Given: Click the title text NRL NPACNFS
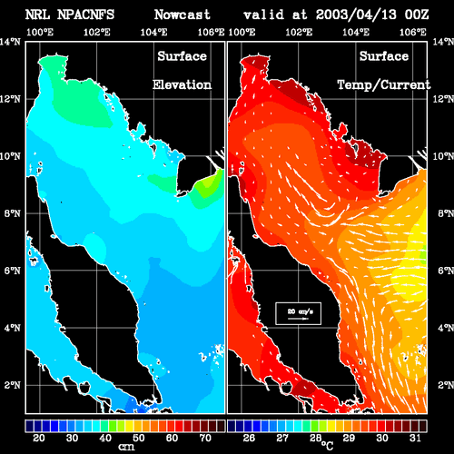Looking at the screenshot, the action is (70, 15).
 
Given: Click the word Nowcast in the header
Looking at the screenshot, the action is (183, 15).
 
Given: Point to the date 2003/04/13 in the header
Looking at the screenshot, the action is (356, 15).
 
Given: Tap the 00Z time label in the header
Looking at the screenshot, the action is (417, 15).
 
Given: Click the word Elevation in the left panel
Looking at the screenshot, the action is (182, 84).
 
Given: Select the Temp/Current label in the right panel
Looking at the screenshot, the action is (384, 85).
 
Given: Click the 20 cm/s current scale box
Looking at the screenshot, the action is (298, 313).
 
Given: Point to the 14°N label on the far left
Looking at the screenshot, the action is (10, 42).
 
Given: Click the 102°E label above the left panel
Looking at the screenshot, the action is (97, 32).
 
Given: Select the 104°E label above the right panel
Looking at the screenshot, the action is (356, 32).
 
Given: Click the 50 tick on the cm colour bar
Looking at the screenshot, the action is (139, 438).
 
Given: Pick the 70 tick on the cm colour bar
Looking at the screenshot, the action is (205, 438).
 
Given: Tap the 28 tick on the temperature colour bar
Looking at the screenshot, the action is (315, 438).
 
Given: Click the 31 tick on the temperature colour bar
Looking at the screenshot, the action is (415, 438).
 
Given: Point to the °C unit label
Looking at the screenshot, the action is (327, 446).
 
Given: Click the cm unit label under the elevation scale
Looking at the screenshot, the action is (126, 447).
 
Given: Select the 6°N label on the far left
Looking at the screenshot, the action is (12, 271).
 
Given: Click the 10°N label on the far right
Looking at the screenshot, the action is (443, 156).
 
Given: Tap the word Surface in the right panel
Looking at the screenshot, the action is (384, 56).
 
